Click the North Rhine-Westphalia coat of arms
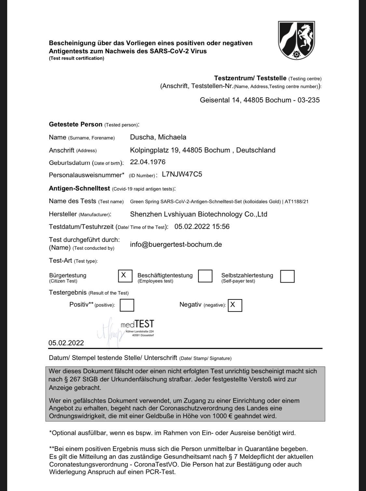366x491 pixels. tap(296, 40)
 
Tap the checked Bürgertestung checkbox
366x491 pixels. tap(125, 276)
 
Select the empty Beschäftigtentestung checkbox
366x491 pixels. tap(205, 276)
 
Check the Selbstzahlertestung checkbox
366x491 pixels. tap(287, 276)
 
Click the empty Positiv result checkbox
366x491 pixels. tap(127, 305)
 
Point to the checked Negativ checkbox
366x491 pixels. tap(235, 305)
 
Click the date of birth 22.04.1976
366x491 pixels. tap(148, 162)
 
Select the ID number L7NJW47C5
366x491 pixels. tap(182, 174)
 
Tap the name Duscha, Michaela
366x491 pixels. tap(158, 137)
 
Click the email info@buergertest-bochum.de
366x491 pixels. tap(176, 245)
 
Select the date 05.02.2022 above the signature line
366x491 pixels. tap(66, 343)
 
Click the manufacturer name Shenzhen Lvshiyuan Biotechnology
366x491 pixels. tap(198, 214)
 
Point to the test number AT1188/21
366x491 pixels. tap(296, 202)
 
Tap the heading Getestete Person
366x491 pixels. tap(75, 124)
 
